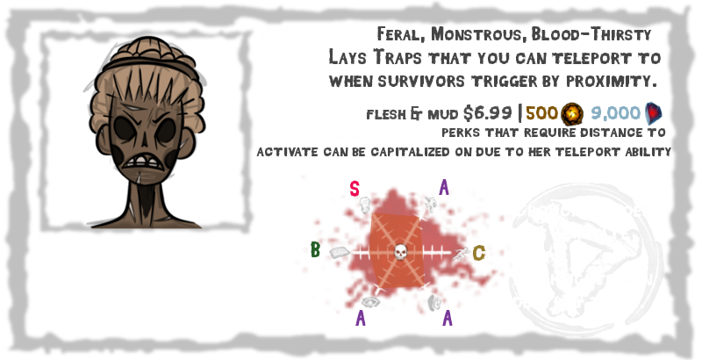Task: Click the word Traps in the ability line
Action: pyautogui.click(x=402, y=58)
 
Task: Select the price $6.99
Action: pyautogui.click(x=487, y=113)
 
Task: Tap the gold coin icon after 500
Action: pyautogui.click(x=571, y=113)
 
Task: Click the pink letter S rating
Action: pyautogui.click(x=355, y=187)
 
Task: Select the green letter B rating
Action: pyautogui.click(x=315, y=250)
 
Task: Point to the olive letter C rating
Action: pyautogui.click(x=478, y=254)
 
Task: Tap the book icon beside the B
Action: pyautogui.click(x=340, y=254)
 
